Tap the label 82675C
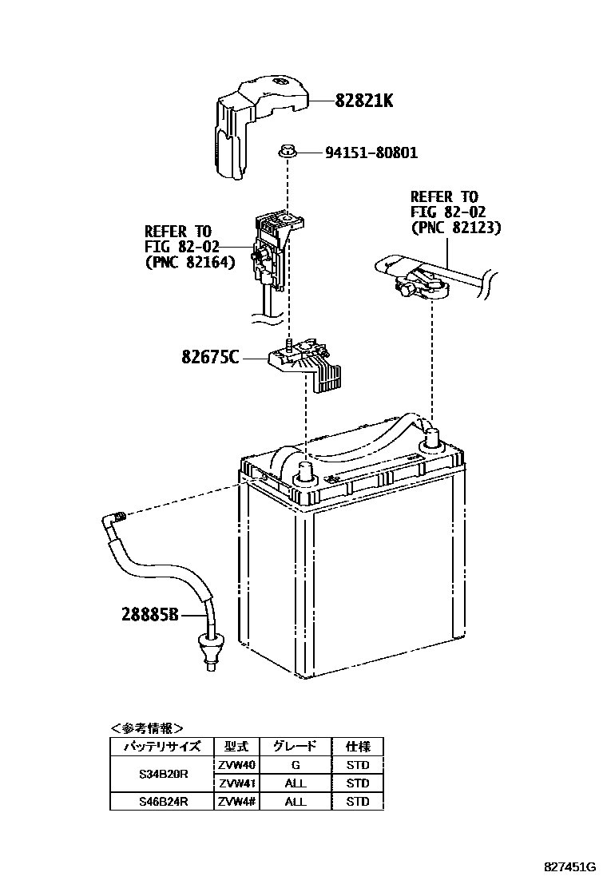210,358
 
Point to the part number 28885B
151,615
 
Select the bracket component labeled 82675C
307,363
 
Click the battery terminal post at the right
432,438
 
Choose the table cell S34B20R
162,774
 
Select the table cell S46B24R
162,801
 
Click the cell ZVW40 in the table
236,764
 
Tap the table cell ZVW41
236,783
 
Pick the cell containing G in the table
296,764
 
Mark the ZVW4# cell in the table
236,801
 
